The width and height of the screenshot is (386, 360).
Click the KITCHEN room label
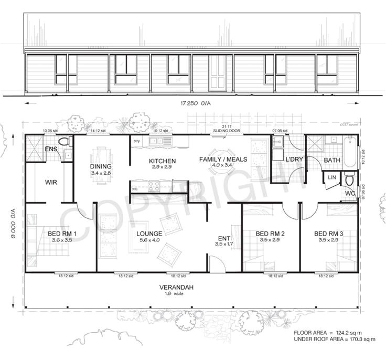[x=162, y=161]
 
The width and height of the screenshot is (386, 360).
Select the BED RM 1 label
[x=62, y=234]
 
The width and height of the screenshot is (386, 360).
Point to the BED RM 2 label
[x=270, y=234]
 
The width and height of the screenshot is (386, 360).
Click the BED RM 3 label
[x=328, y=234]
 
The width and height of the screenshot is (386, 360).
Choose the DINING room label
[x=101, y=167]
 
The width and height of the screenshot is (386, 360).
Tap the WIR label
[x=51, y=183]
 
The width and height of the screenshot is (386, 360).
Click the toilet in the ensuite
[x=65, y=141]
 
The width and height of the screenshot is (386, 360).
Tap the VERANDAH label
[x=176, y=287]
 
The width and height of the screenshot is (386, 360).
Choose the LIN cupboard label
[x=332, y=178]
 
